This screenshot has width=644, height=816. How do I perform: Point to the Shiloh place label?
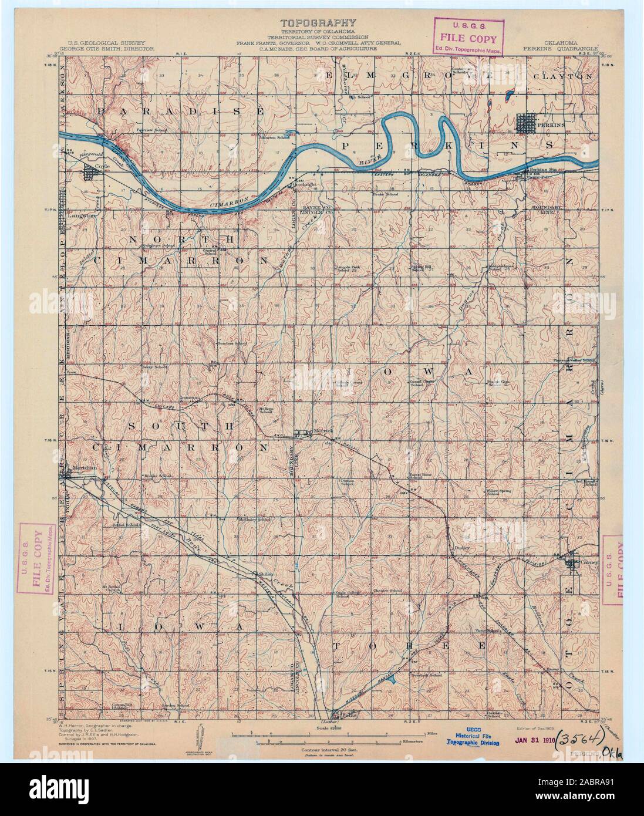pos(261,574)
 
